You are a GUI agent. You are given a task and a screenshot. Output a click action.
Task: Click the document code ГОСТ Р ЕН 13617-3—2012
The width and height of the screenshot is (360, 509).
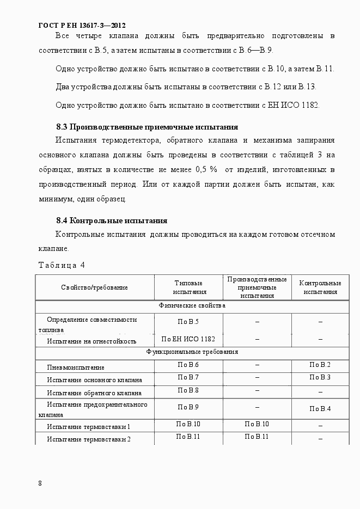pyautogui.click(x=82, y=25)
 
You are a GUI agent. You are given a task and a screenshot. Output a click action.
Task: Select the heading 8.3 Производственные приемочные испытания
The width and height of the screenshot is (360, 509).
pyautogui.click(x=147, y=127)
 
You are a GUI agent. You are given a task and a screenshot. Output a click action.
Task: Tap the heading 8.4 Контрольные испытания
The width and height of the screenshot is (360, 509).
pyautogui.click(x=112, y=221)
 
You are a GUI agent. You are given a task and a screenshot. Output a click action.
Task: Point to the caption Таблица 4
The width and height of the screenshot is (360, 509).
pyautogui.click(x=62, y=266)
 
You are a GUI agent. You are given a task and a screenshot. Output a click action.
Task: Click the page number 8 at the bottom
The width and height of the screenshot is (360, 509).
pyautogui.click(x=40, y=483)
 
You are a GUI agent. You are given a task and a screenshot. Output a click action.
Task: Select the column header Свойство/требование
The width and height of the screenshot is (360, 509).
pyautogui.click(x=95, y=287)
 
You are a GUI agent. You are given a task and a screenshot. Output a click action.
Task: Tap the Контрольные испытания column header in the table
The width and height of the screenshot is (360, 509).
pyautogui.click(x=320, y=287)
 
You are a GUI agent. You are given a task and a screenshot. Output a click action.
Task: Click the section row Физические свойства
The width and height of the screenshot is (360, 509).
pyautogui.click(x=192, y=306)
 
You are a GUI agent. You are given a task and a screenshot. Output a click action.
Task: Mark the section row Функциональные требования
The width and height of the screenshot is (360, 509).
pyautogui.click(x=192, y=352)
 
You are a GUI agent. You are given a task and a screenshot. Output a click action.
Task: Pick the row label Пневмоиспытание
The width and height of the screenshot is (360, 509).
pyautogui.click(x=76, y=367)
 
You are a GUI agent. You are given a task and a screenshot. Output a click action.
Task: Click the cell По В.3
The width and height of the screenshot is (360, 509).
pyautogui.click(x=320, y=377)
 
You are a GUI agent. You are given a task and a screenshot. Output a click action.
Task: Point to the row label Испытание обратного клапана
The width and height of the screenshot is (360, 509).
pyautogui.click(x=94, y=393)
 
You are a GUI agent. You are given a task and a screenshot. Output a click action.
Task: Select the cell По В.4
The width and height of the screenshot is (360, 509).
pyautogui.click(x=320, y=409)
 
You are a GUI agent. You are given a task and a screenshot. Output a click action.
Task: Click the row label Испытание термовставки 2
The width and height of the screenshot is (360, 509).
pyautogui.click(x=89, y=439)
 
